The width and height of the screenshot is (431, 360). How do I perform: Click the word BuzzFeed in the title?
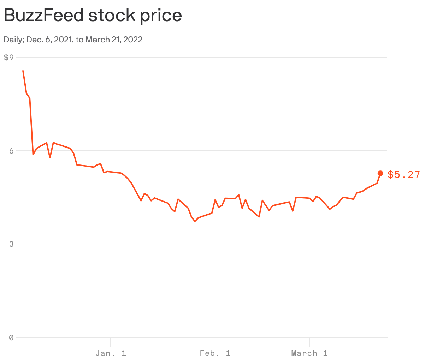tap(44, 16)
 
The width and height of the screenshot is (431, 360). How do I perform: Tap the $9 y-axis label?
tap(8, 57)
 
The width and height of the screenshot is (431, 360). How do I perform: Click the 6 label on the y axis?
tap(11, 151)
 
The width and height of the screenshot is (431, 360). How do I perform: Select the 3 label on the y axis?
tap(11, 244)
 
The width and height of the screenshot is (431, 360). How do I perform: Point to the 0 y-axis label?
tap(11, 337)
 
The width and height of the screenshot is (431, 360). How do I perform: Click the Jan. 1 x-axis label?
tap(111, 353)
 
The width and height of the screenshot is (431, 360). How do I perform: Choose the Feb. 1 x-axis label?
tap(215, 353)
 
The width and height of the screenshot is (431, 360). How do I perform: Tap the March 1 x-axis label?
tap(309, 353)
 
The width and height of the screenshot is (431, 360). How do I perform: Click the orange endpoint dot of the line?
tap(380, 173)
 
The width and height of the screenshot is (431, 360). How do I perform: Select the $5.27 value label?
tap(404, 175)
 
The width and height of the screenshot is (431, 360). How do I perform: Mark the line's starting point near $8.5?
tap(23, 71)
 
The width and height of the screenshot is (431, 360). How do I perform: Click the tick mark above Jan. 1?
tap(111, 342)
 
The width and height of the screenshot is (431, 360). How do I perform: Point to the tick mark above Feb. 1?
tap(215, 342)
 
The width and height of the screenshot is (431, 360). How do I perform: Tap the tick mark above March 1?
tap(309, 342)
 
